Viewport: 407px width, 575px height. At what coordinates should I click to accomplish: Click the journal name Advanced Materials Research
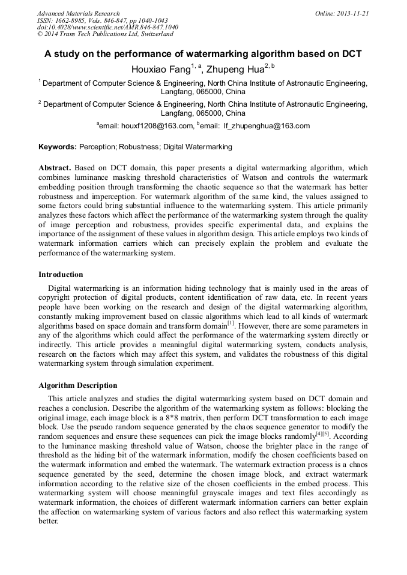tap(78, 13)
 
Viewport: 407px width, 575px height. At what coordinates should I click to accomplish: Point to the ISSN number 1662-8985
tap(72, 20)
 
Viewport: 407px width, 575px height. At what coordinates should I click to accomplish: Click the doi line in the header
tap(107, 28)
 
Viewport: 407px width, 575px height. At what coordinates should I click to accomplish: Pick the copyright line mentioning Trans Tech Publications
tap(105, 34)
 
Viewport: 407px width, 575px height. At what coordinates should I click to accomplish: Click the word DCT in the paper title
tap(351, 53)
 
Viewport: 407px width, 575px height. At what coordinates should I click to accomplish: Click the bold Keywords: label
tap(58, 147)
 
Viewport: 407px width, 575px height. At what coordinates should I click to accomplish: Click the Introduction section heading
tap(61, 275)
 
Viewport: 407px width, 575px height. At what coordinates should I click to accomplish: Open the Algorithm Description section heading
tap(78, 386)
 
